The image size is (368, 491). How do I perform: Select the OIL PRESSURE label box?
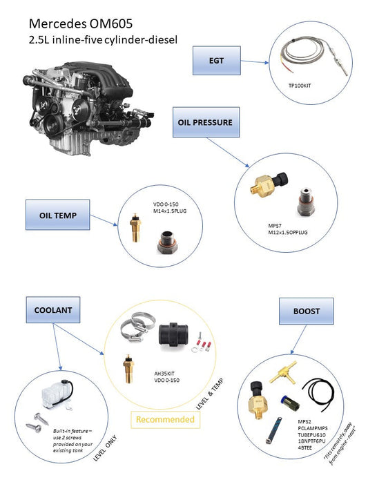coord(205,122)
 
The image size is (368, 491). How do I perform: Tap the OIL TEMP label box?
coord(59,215)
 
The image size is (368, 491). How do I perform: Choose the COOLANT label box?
coord(52,311)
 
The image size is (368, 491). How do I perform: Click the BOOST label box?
coord(306,311)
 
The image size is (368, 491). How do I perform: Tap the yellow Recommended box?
coord(165,419)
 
